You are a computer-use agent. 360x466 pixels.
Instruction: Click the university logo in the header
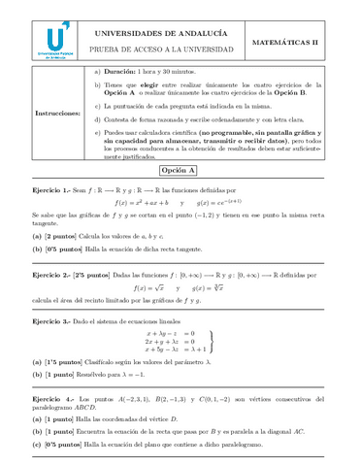click(57, 41)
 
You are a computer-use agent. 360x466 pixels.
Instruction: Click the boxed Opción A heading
click(180, 169)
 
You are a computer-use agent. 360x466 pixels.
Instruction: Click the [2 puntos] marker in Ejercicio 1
click(62, 236)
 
